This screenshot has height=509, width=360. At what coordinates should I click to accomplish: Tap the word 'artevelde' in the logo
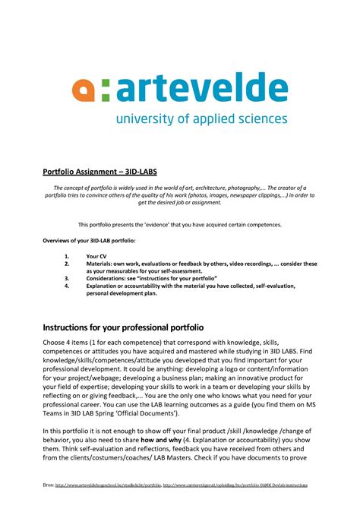(202, 88)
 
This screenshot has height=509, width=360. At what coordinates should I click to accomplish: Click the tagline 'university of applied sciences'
(201, 119)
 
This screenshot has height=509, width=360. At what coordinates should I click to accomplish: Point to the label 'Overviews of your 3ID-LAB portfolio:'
(87, 240)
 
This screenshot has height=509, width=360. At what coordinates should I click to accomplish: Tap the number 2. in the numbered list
(67, 264)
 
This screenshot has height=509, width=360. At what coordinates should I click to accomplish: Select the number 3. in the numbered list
(67, 279)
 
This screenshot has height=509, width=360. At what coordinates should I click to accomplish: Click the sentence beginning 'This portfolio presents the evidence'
(180, 224)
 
